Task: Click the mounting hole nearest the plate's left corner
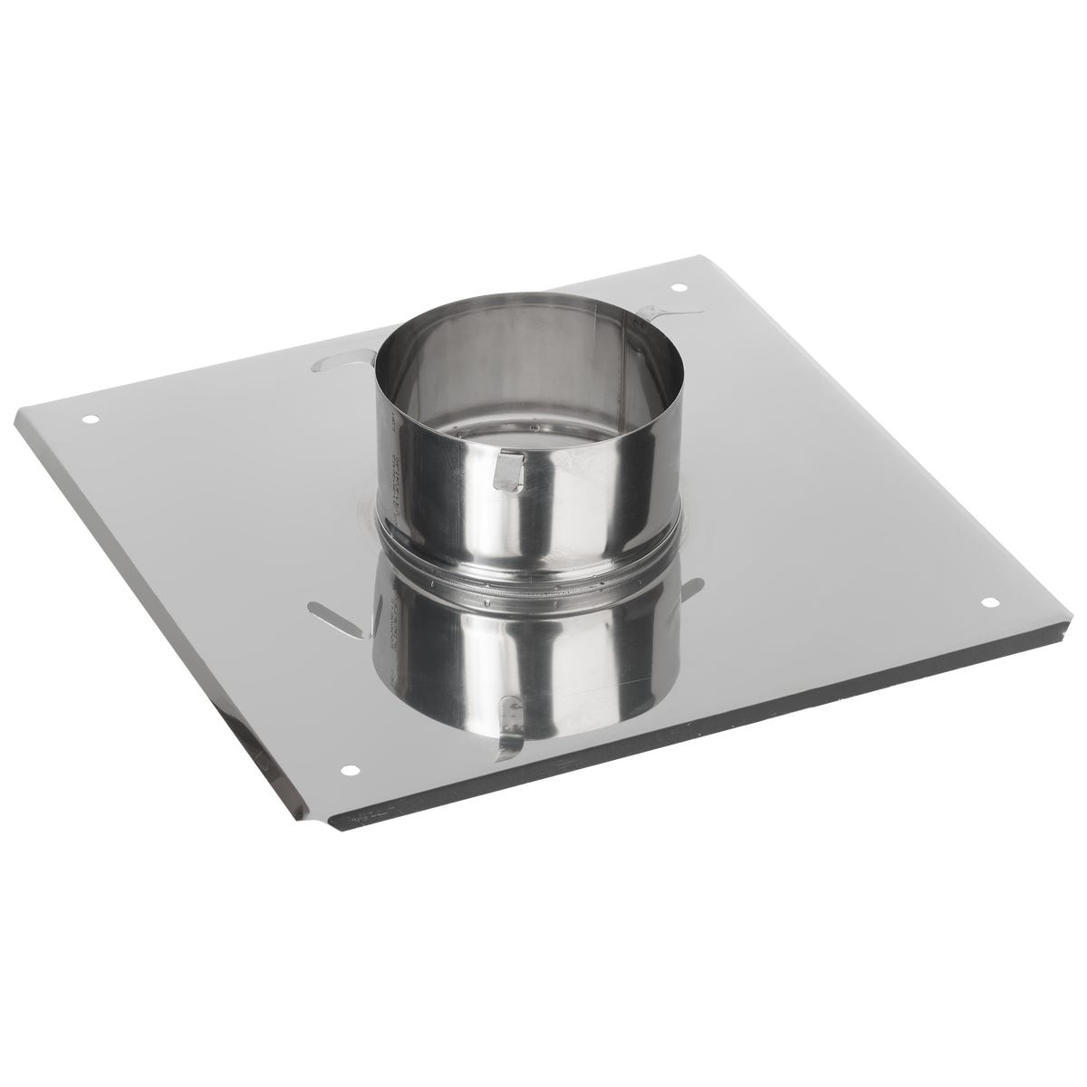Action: click(x=88, y=420)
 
